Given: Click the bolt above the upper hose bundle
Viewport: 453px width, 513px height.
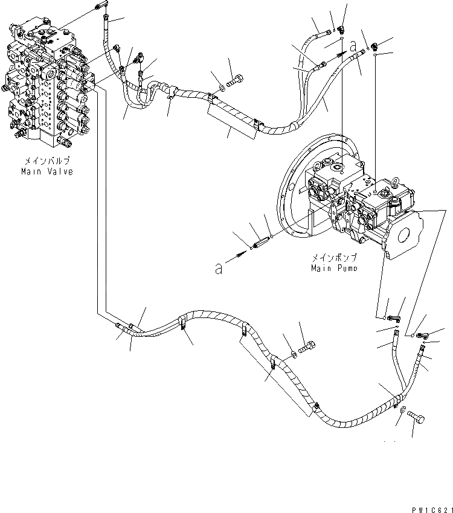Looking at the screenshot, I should click(x=236, y=78).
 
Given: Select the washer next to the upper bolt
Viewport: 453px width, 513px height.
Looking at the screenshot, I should click(x=222, y=89).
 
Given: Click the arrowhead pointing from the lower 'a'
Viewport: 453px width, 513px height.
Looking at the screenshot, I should click(x=241, y=256).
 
